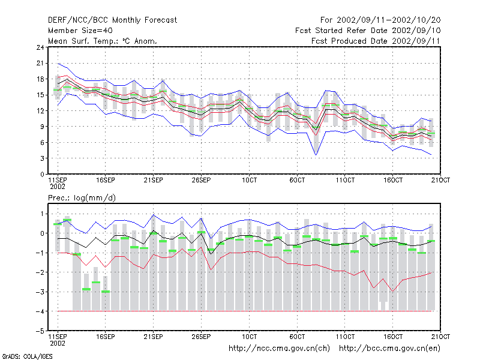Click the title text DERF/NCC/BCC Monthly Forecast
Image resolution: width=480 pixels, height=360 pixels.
[112, 20]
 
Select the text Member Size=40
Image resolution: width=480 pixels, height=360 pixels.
[80, 31]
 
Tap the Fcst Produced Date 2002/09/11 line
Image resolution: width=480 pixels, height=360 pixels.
[376, 41]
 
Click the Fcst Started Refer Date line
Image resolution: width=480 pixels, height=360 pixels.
[368, 31]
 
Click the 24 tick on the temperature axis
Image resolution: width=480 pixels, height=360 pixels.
[40, 47]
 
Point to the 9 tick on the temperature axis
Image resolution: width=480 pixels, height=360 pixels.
[42, 127]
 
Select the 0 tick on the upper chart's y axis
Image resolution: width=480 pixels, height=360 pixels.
[42, 174]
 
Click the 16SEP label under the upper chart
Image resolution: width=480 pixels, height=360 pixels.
[106, 180]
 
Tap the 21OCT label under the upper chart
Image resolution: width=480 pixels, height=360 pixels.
[440, 180]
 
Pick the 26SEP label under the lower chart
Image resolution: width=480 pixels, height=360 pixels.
[201, 337]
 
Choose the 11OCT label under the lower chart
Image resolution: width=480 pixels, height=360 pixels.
[345, 337]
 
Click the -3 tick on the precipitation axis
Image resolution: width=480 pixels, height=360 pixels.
[40, 292]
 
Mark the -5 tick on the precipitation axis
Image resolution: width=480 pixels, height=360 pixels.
[40, 331]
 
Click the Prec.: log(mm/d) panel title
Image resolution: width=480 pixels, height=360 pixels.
[82, 198]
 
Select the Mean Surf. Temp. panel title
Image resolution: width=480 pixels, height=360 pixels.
[103, 41]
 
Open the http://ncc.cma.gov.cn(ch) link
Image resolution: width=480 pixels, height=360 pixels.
[279, 349]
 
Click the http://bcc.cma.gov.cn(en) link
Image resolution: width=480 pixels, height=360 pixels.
[389, 349]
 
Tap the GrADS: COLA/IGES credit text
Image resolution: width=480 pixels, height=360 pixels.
[27, 356]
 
